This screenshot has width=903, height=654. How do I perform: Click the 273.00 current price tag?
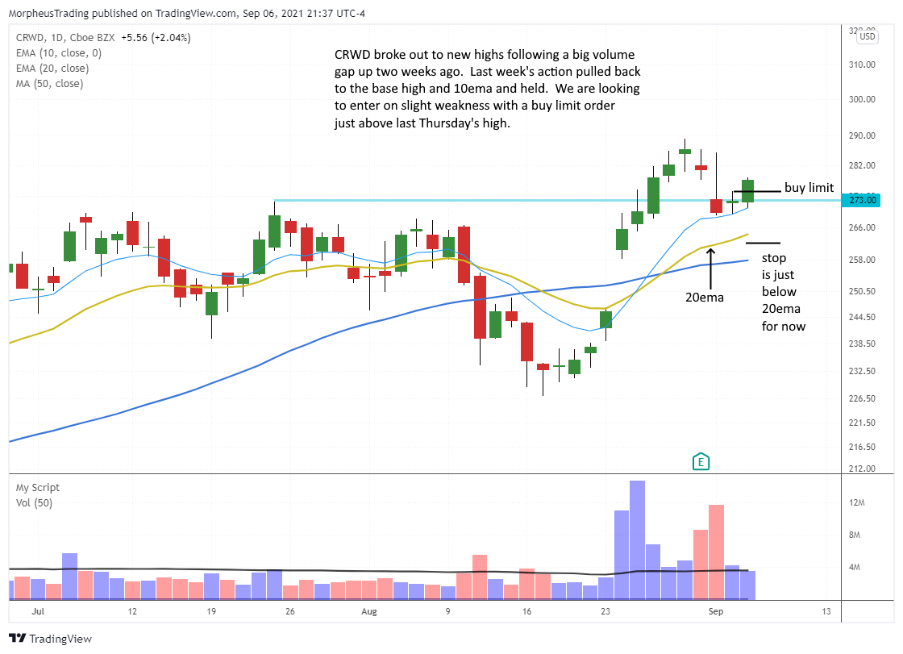[x=859, y=200]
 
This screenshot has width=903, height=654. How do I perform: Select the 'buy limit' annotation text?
[x=809, y=188]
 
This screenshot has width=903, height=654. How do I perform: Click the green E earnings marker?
[x=701, y=461]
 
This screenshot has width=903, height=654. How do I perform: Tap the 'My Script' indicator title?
[x=37, y=487]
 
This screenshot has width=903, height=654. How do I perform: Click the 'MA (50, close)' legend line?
[x=49, y=83]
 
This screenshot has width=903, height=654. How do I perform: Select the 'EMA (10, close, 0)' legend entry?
[x=58, y=53]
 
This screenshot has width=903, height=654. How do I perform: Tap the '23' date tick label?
[x=606, y=613]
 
